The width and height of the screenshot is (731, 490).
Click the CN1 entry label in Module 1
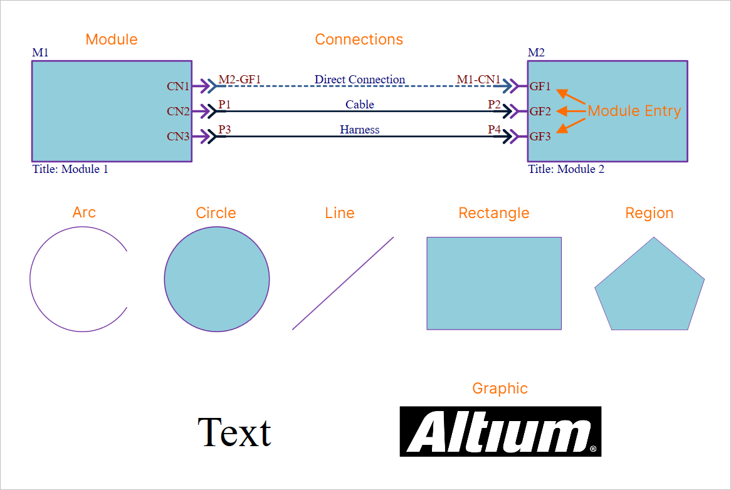(177, 86)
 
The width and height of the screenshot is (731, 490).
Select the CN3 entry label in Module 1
(177, 137)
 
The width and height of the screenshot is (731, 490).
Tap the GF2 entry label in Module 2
(540, 112)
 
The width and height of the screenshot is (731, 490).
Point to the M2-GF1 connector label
(239, 80)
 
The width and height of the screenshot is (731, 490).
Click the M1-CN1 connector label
(478, 80)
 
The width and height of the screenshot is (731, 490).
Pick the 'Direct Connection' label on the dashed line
(360, 80)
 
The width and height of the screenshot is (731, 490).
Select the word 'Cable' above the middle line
(360, 105)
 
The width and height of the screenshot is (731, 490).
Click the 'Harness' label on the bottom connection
(360, 130)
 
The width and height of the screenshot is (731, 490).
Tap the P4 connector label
(495, 130)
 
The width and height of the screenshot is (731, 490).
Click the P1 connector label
(224, 105)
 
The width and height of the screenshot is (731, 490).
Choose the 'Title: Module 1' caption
(70, 169)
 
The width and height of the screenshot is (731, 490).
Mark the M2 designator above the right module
(536, 53)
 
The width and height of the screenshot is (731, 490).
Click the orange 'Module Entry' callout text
(634, 112)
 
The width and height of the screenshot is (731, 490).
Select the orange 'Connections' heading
(359, 39)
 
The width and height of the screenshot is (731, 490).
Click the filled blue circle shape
(217, 279)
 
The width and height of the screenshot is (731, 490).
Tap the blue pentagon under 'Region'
(649, 288)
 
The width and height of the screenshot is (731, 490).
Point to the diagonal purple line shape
(343, 283)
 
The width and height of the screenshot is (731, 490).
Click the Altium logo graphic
(500, 431)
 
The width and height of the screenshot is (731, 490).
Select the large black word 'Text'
(234, 432)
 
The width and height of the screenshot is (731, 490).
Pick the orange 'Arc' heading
(84, 212)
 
